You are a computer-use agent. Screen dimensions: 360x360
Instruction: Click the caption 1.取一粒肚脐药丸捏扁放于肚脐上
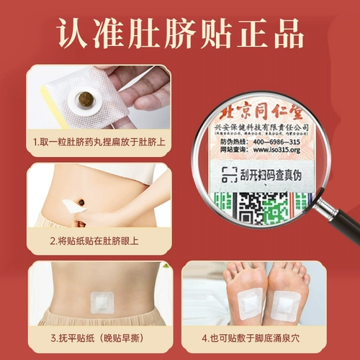click(x=99, y=143)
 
